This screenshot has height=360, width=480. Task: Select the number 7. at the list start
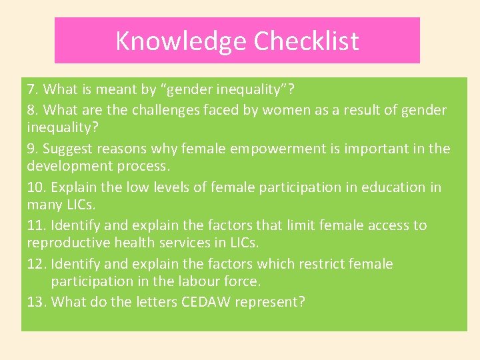tap(32, 89)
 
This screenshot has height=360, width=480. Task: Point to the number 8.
tap(32, 109)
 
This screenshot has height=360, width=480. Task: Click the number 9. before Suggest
tap(32, 149)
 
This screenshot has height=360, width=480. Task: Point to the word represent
tap(271, 302)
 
